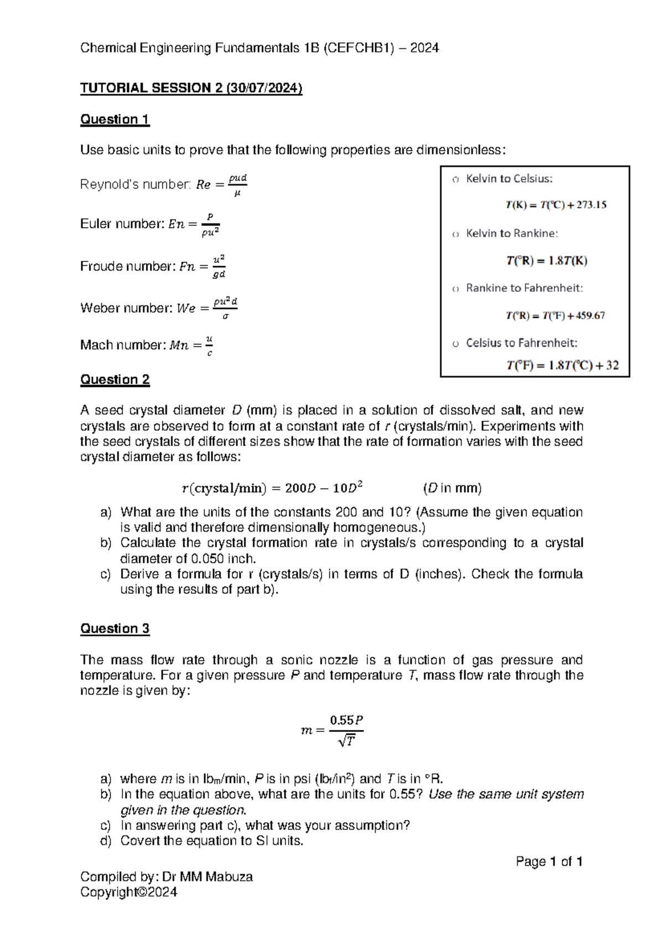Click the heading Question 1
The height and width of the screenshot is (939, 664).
(x=115, y=119)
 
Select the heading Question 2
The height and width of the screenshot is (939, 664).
(x=115, y=379)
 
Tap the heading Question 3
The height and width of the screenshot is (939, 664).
(x=115, y=628)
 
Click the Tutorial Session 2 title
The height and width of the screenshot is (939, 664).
(x=191, y=88)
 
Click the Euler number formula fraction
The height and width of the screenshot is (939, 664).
(x=210, y=224)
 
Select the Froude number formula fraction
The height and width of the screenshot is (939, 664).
(x=219, y=266)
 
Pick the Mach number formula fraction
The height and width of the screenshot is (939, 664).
(x=209, y=345)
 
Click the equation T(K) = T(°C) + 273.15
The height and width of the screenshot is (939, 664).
(x=556, y=205)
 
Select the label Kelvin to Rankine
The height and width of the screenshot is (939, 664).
(x=512, y=233)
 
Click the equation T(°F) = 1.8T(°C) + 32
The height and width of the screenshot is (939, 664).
(x=562, y=365)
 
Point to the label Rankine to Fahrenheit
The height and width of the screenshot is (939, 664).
(x=524, y=288)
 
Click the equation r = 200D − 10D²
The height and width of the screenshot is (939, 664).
(x=272, y=488)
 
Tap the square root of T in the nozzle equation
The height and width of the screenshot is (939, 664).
(x=347, y=741)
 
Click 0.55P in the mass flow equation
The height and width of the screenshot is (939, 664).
(x=346, y=720)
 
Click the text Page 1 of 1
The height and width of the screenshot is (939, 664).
(x=549, y=861)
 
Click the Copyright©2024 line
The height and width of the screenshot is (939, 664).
(x=128, y=892)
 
